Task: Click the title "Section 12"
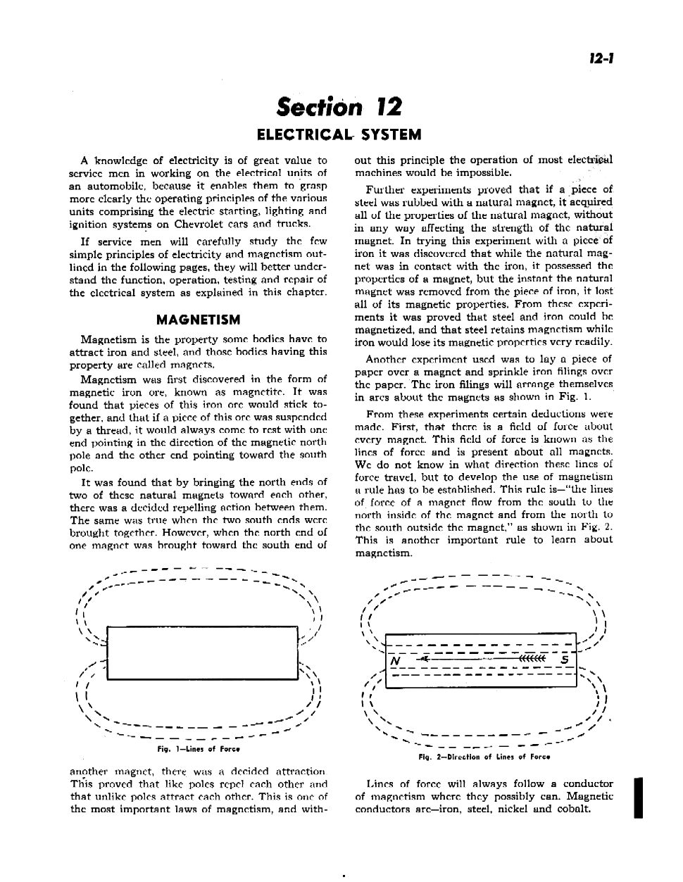point(339,107)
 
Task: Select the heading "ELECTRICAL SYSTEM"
point(339,134)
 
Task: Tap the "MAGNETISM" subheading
point(198,320)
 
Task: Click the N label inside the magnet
point(396,662)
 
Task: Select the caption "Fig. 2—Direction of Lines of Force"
point(484,757)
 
